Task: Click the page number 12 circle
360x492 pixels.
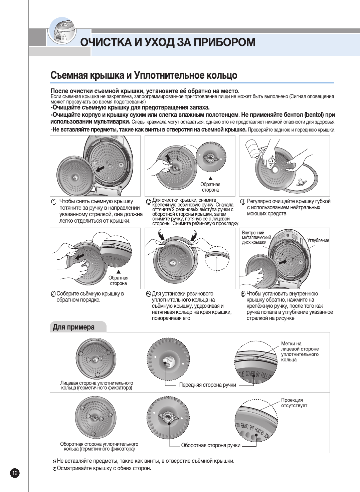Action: point(15,473)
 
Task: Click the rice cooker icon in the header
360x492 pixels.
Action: point(62,32)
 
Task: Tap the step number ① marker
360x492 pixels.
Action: point(53,202)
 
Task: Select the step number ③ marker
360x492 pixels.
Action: point(243,202)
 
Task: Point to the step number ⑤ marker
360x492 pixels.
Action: point(148,294)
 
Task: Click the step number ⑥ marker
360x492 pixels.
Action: point(243,294)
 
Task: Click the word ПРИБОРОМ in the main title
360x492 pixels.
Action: point(224,42)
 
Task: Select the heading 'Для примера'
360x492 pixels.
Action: point(73,327)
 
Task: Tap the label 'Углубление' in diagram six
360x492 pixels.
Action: point(318,240)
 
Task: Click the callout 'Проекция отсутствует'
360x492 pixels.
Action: point(294,403)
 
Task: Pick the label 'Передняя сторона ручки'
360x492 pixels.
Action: point(207,385)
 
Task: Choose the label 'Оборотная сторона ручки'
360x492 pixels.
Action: point(211,445)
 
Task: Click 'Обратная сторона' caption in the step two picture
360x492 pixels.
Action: point(210,187)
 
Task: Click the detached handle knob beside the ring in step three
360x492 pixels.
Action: point(301,182)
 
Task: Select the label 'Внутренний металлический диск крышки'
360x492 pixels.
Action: point(256,237)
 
